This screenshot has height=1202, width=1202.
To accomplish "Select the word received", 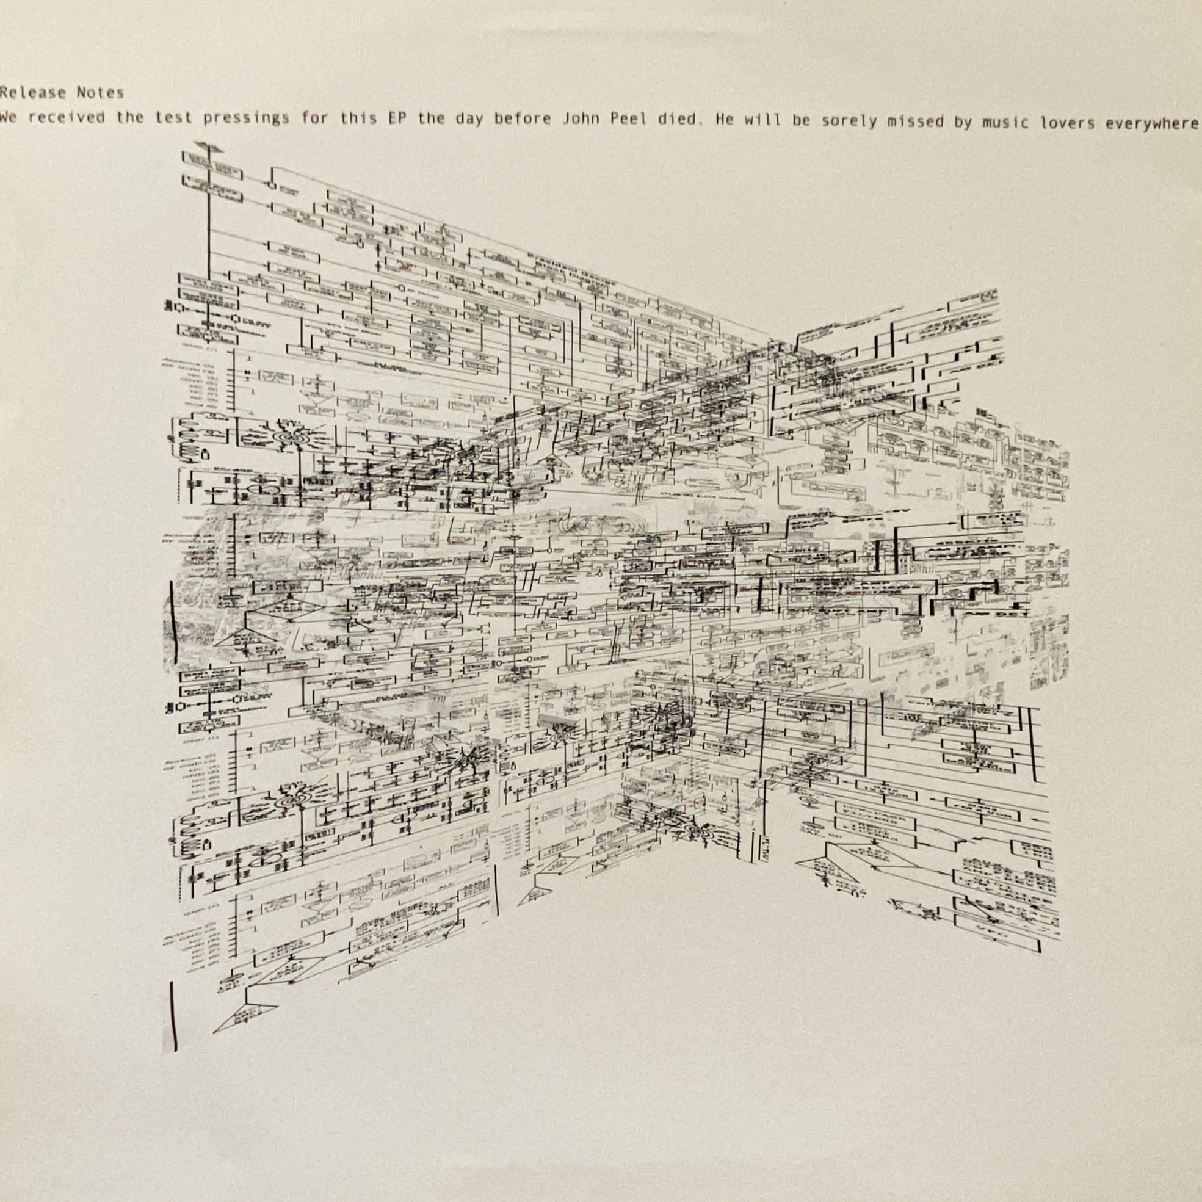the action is coord(67,118).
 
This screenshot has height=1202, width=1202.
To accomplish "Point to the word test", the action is coord(173,119).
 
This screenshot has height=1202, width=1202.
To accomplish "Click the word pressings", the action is coord(247,120).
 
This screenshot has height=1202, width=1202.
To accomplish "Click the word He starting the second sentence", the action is coord(725,121).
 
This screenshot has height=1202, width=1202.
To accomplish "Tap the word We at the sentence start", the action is coord(8,118).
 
